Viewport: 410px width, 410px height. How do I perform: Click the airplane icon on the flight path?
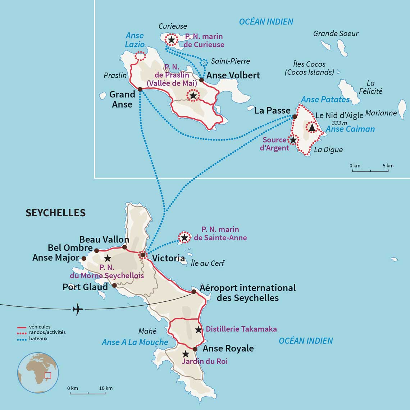(x=78, y=309)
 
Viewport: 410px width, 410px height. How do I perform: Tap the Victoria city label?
(x=168, y=258)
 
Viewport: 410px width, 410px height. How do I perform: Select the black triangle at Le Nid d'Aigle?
(x=311, y=127)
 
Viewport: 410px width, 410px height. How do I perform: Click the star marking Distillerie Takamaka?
(x=198, y=329)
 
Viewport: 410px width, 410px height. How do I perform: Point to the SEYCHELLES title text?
(x=55, y=213)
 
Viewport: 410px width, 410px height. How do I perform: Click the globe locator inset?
(x=38, y=373)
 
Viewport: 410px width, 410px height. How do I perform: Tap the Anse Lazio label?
(x=135, y=40)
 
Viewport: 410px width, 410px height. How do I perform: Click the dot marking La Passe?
(x=295, y=117)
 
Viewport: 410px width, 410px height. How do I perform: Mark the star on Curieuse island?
(x=172, y=40)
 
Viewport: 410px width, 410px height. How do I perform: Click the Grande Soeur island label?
(x=336, y=33)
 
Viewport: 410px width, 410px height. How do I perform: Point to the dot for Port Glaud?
(x=114, y=285)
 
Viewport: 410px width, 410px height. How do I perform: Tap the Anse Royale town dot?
(x=195, y=349)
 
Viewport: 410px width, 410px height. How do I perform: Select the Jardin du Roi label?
(x=204, y=361)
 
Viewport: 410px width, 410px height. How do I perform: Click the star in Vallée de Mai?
(x=193, y=95)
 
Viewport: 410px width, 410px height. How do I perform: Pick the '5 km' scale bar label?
(x=388, y=166)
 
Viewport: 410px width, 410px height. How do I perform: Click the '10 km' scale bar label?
(x=106, y=388)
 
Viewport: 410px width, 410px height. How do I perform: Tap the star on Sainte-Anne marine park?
(x=184, y=237)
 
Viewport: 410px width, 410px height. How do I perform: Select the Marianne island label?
(x=381, y=113)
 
